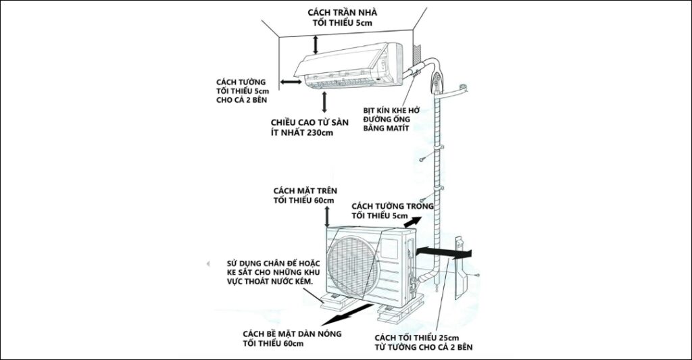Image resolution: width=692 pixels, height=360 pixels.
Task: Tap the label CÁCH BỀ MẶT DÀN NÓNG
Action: pyautogui.click(x=291, y=334)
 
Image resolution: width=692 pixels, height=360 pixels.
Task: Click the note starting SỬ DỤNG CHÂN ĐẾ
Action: pyautogui.click(x=273, y=261)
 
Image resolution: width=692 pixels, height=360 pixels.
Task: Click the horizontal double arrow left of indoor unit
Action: pyautogui.click(x=291, y=82)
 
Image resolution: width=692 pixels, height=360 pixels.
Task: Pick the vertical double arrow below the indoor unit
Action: pyautogui.click(x=325, y=101)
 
